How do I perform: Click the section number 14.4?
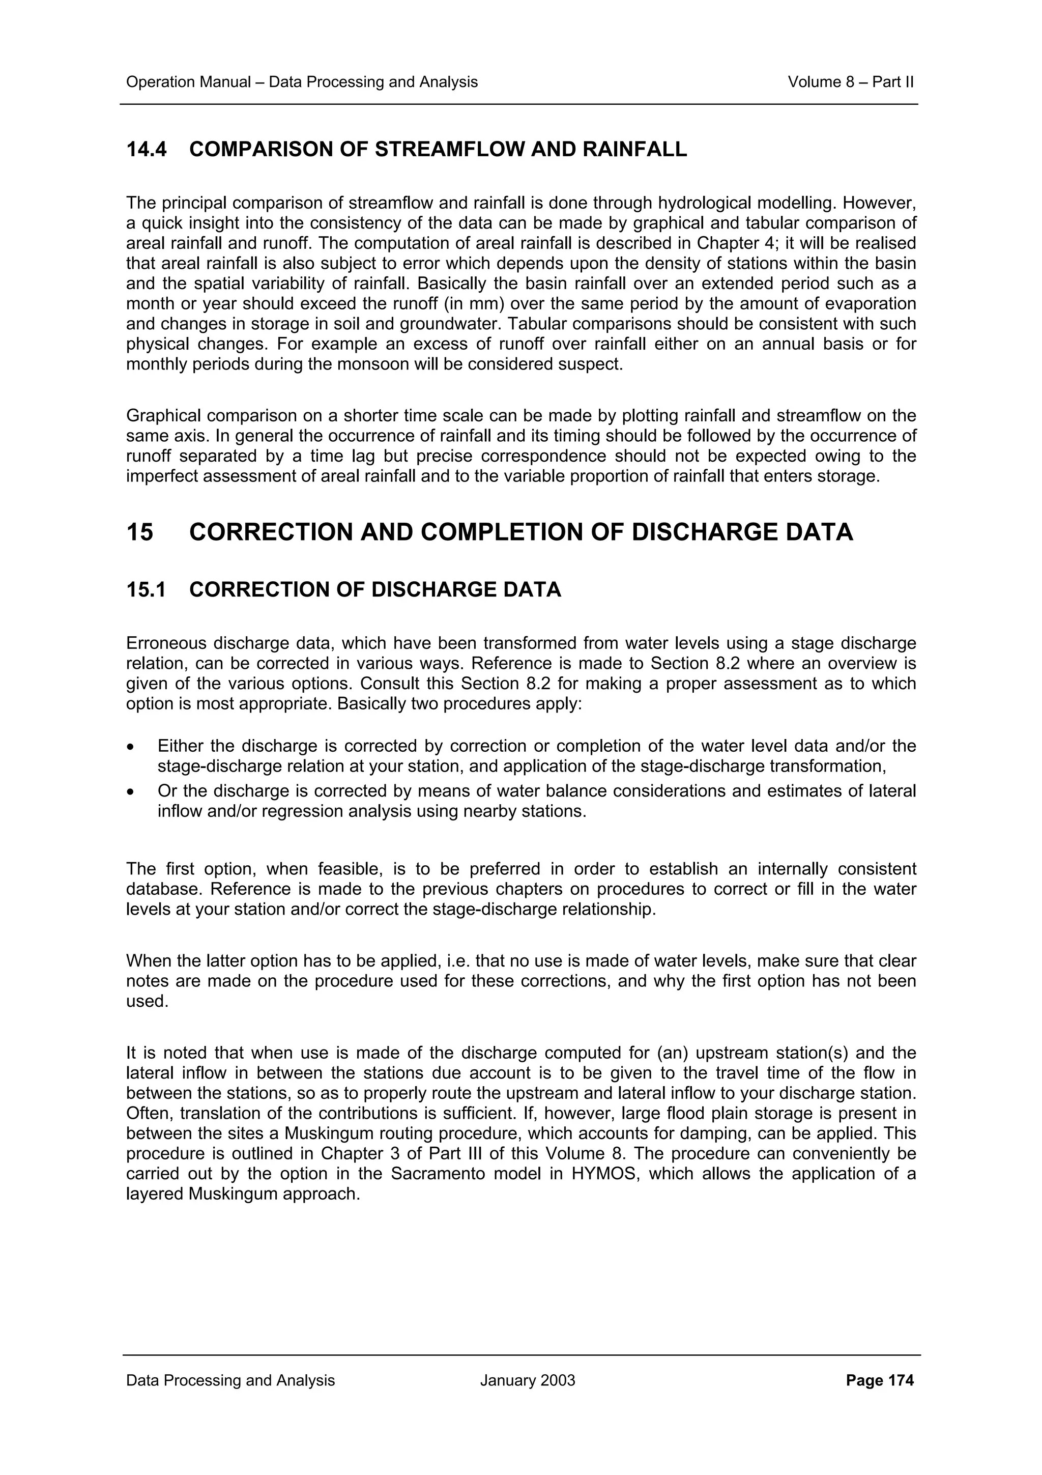(147, 150)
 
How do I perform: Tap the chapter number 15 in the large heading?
(140, 532)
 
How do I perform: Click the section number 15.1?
(147, 590)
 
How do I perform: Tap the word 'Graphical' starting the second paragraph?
(162, 416)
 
